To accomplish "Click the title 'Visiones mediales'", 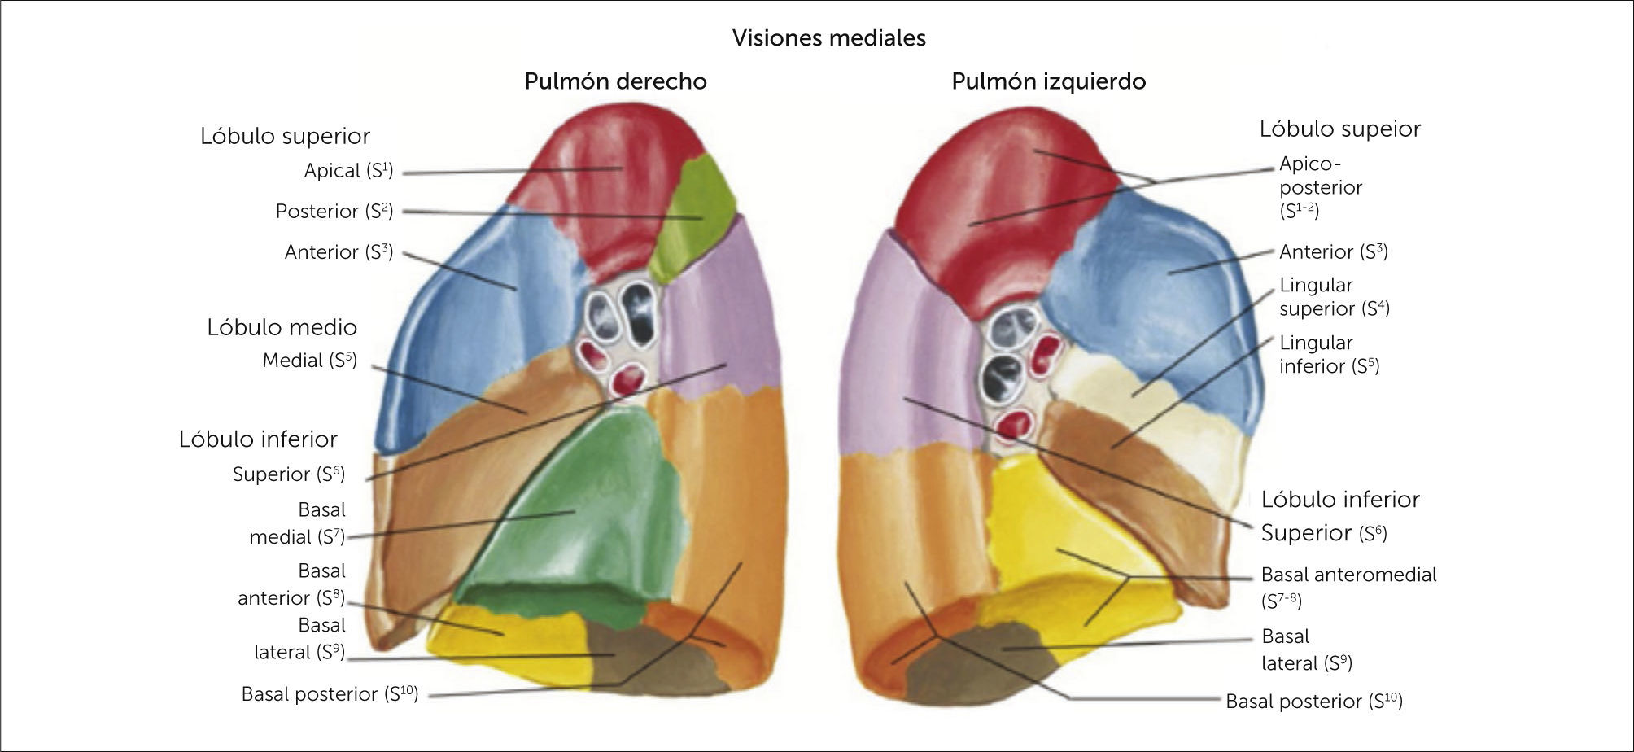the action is (828, 38).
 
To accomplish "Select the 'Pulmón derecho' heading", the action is (615, 81).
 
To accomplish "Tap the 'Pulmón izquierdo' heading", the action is (1048, 81).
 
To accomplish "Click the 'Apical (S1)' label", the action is (348, 171).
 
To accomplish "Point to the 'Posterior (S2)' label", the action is (334, 212).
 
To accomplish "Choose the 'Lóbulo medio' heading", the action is (282, 327).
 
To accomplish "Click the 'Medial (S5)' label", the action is (309, 361).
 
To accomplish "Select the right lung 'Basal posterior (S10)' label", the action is (330, 694).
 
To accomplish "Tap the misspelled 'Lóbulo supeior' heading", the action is (1339, 129).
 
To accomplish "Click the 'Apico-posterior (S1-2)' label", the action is (1320, 187).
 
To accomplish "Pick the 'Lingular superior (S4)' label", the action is (1334, 297).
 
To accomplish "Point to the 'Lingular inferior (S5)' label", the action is (1329, 355).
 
